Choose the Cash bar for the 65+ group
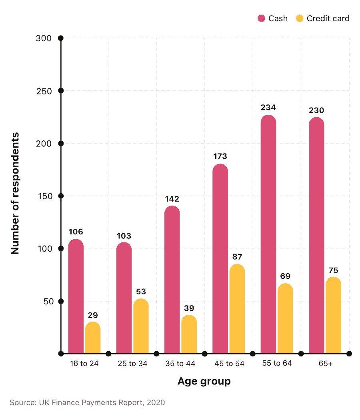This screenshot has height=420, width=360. [316, 236]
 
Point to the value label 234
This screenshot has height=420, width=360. [268, 108]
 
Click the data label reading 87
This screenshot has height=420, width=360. [237, 257]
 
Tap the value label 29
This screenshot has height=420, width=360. [93, 315]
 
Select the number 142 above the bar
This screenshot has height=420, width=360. [172, 199]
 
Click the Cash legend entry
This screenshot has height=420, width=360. [272, 18]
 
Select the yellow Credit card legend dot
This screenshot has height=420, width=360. [300, 18]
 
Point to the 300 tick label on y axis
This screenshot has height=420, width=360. [44, 38]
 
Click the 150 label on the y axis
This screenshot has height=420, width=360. [44, 196]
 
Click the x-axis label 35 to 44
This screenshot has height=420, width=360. [180, 364]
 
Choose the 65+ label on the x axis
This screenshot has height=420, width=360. [325, 364]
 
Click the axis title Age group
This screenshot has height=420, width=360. [204, 381]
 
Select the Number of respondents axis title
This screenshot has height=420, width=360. [15, 194]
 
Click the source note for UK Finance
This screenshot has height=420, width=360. [87, 402]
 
